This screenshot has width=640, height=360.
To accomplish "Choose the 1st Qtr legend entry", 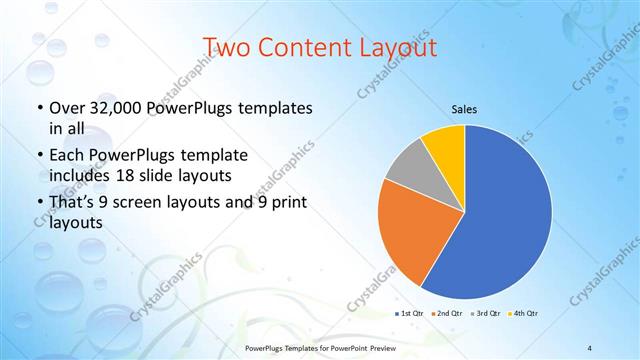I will (x=411, y=314).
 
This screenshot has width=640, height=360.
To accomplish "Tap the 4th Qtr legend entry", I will (x=523, y=314).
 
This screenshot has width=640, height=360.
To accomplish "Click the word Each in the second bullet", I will (x=69, y=155).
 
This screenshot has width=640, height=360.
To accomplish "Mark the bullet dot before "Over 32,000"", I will (x=40, y=108).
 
